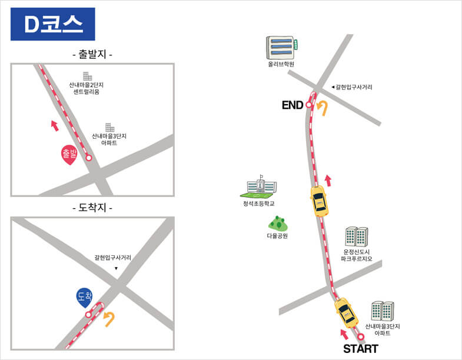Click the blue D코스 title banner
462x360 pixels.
[53, 24]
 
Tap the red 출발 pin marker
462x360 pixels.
[69, 155]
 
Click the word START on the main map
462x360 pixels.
[361, 349]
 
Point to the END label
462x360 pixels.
[293, 105]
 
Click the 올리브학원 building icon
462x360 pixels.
[282, 47]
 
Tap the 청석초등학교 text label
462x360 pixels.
[259, 204]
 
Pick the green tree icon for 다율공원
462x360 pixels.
[278, 224]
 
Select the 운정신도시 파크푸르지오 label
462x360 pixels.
[357, 255]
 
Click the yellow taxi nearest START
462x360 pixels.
[346, 313]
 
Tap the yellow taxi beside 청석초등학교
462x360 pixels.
[319, 201]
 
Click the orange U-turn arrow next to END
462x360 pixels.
[323, 108]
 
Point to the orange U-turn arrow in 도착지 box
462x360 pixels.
[109, 319]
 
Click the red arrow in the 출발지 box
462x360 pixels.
[55, 125]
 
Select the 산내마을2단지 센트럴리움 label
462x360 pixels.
[87, 88]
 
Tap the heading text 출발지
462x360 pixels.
[92, 55]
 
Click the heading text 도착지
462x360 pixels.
[92, 208]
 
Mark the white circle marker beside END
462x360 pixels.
[308, 105]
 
